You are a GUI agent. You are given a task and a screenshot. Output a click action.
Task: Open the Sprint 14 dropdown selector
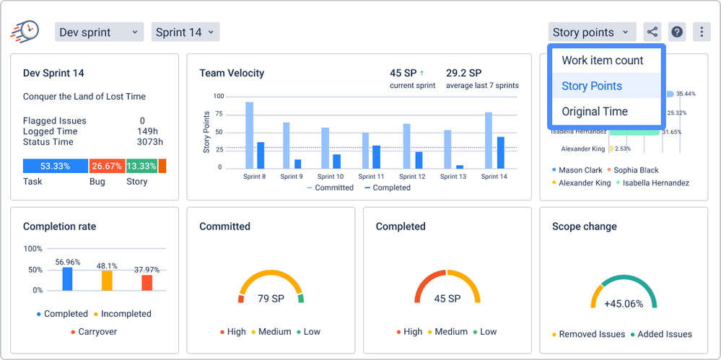185,32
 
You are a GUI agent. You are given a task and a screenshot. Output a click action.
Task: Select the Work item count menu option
603,60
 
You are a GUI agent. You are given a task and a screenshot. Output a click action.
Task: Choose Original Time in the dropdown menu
595,111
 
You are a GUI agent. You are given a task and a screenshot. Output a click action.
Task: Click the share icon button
652,32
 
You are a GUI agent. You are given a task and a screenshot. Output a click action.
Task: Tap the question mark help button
677,32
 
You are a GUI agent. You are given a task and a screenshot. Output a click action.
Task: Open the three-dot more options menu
702,32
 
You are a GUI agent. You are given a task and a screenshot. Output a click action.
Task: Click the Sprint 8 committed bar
249,135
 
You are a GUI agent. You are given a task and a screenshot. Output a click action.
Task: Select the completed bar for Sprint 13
460,167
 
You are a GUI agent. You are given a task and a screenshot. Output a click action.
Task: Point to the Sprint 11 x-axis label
371,177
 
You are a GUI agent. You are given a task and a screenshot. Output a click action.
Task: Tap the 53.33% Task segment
55,166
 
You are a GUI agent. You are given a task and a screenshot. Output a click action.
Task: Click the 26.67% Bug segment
107,166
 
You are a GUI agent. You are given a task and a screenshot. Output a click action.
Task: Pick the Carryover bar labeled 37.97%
147,283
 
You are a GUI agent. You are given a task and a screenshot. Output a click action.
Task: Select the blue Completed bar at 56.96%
67,279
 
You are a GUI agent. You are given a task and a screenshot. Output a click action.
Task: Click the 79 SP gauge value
271,299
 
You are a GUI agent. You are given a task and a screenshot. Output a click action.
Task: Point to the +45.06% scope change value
624,304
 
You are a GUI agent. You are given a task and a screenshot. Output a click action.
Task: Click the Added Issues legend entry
661,334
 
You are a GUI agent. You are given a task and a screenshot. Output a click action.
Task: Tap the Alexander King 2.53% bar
611,149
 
